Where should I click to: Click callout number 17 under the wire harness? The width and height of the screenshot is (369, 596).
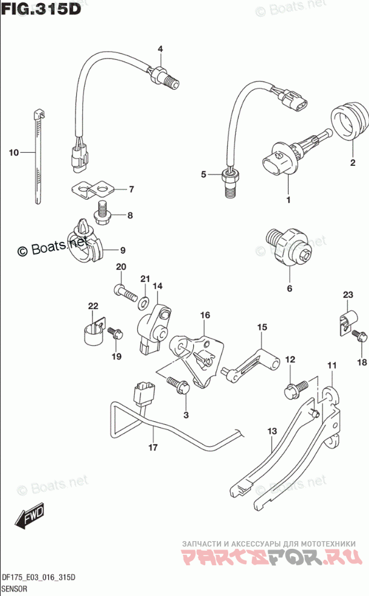[153, 447]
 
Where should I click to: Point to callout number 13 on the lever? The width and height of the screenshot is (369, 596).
[272, 432]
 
